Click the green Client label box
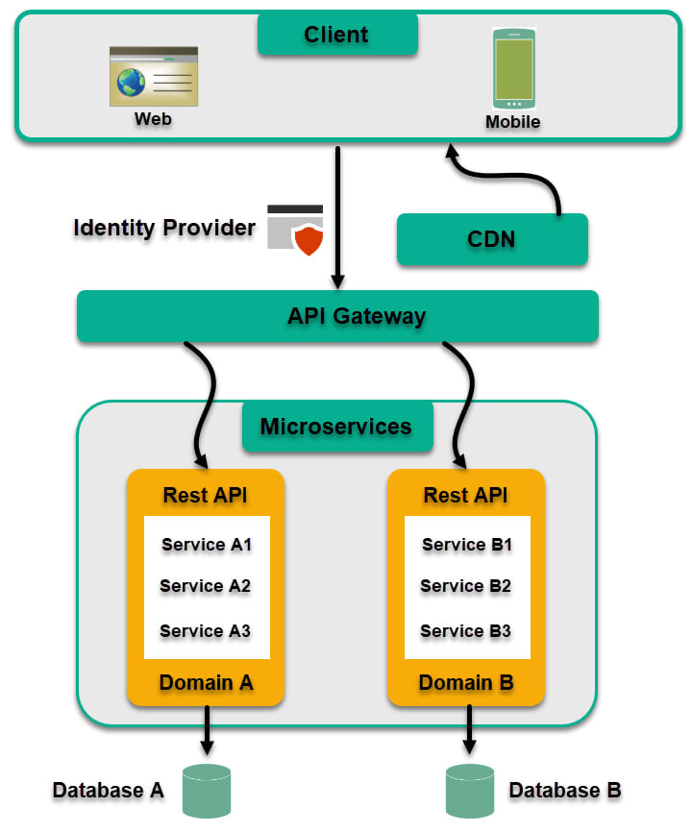[x=337, y=35]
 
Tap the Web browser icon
[x=154, y=76]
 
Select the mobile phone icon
[x=513, y=68]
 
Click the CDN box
[x=491, y=238]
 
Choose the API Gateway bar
[x=337, y=316]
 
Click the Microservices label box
[x=336, y=427]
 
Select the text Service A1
[x=207, y=545]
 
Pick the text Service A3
[x=206, y=630]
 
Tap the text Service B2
[x=466, y=586]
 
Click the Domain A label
[x=206, y=682]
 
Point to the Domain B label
[x=466, y=682]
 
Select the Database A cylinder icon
[x=206, y=791]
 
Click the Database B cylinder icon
[x=470, y=791]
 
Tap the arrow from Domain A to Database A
[x=206, y=732]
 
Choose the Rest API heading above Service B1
[x=466, y=496]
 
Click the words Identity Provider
[x=164, y=229]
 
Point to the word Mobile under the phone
[x=512, y=122]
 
